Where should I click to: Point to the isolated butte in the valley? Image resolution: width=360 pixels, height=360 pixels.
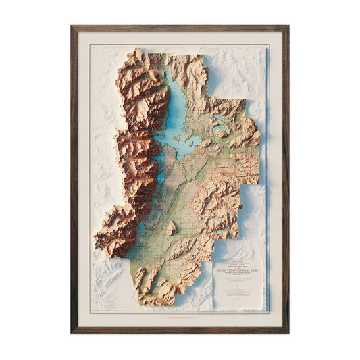[173, 228]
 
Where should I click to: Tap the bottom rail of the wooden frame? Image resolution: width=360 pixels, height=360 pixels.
[180, 331]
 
